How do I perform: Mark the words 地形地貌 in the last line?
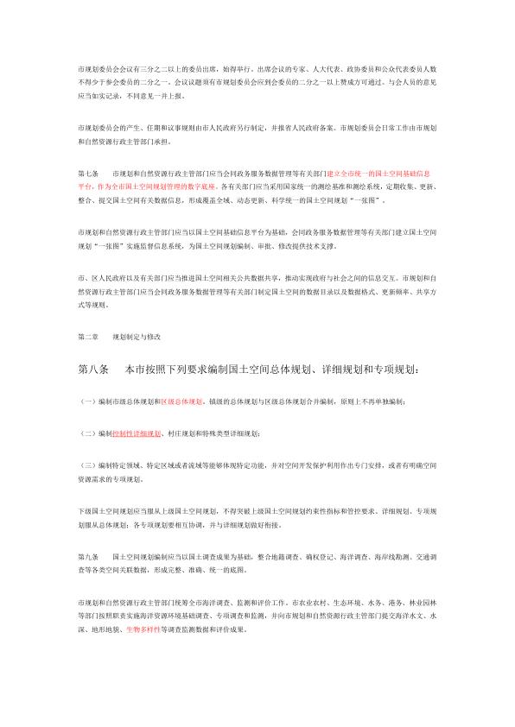point(105,631)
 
